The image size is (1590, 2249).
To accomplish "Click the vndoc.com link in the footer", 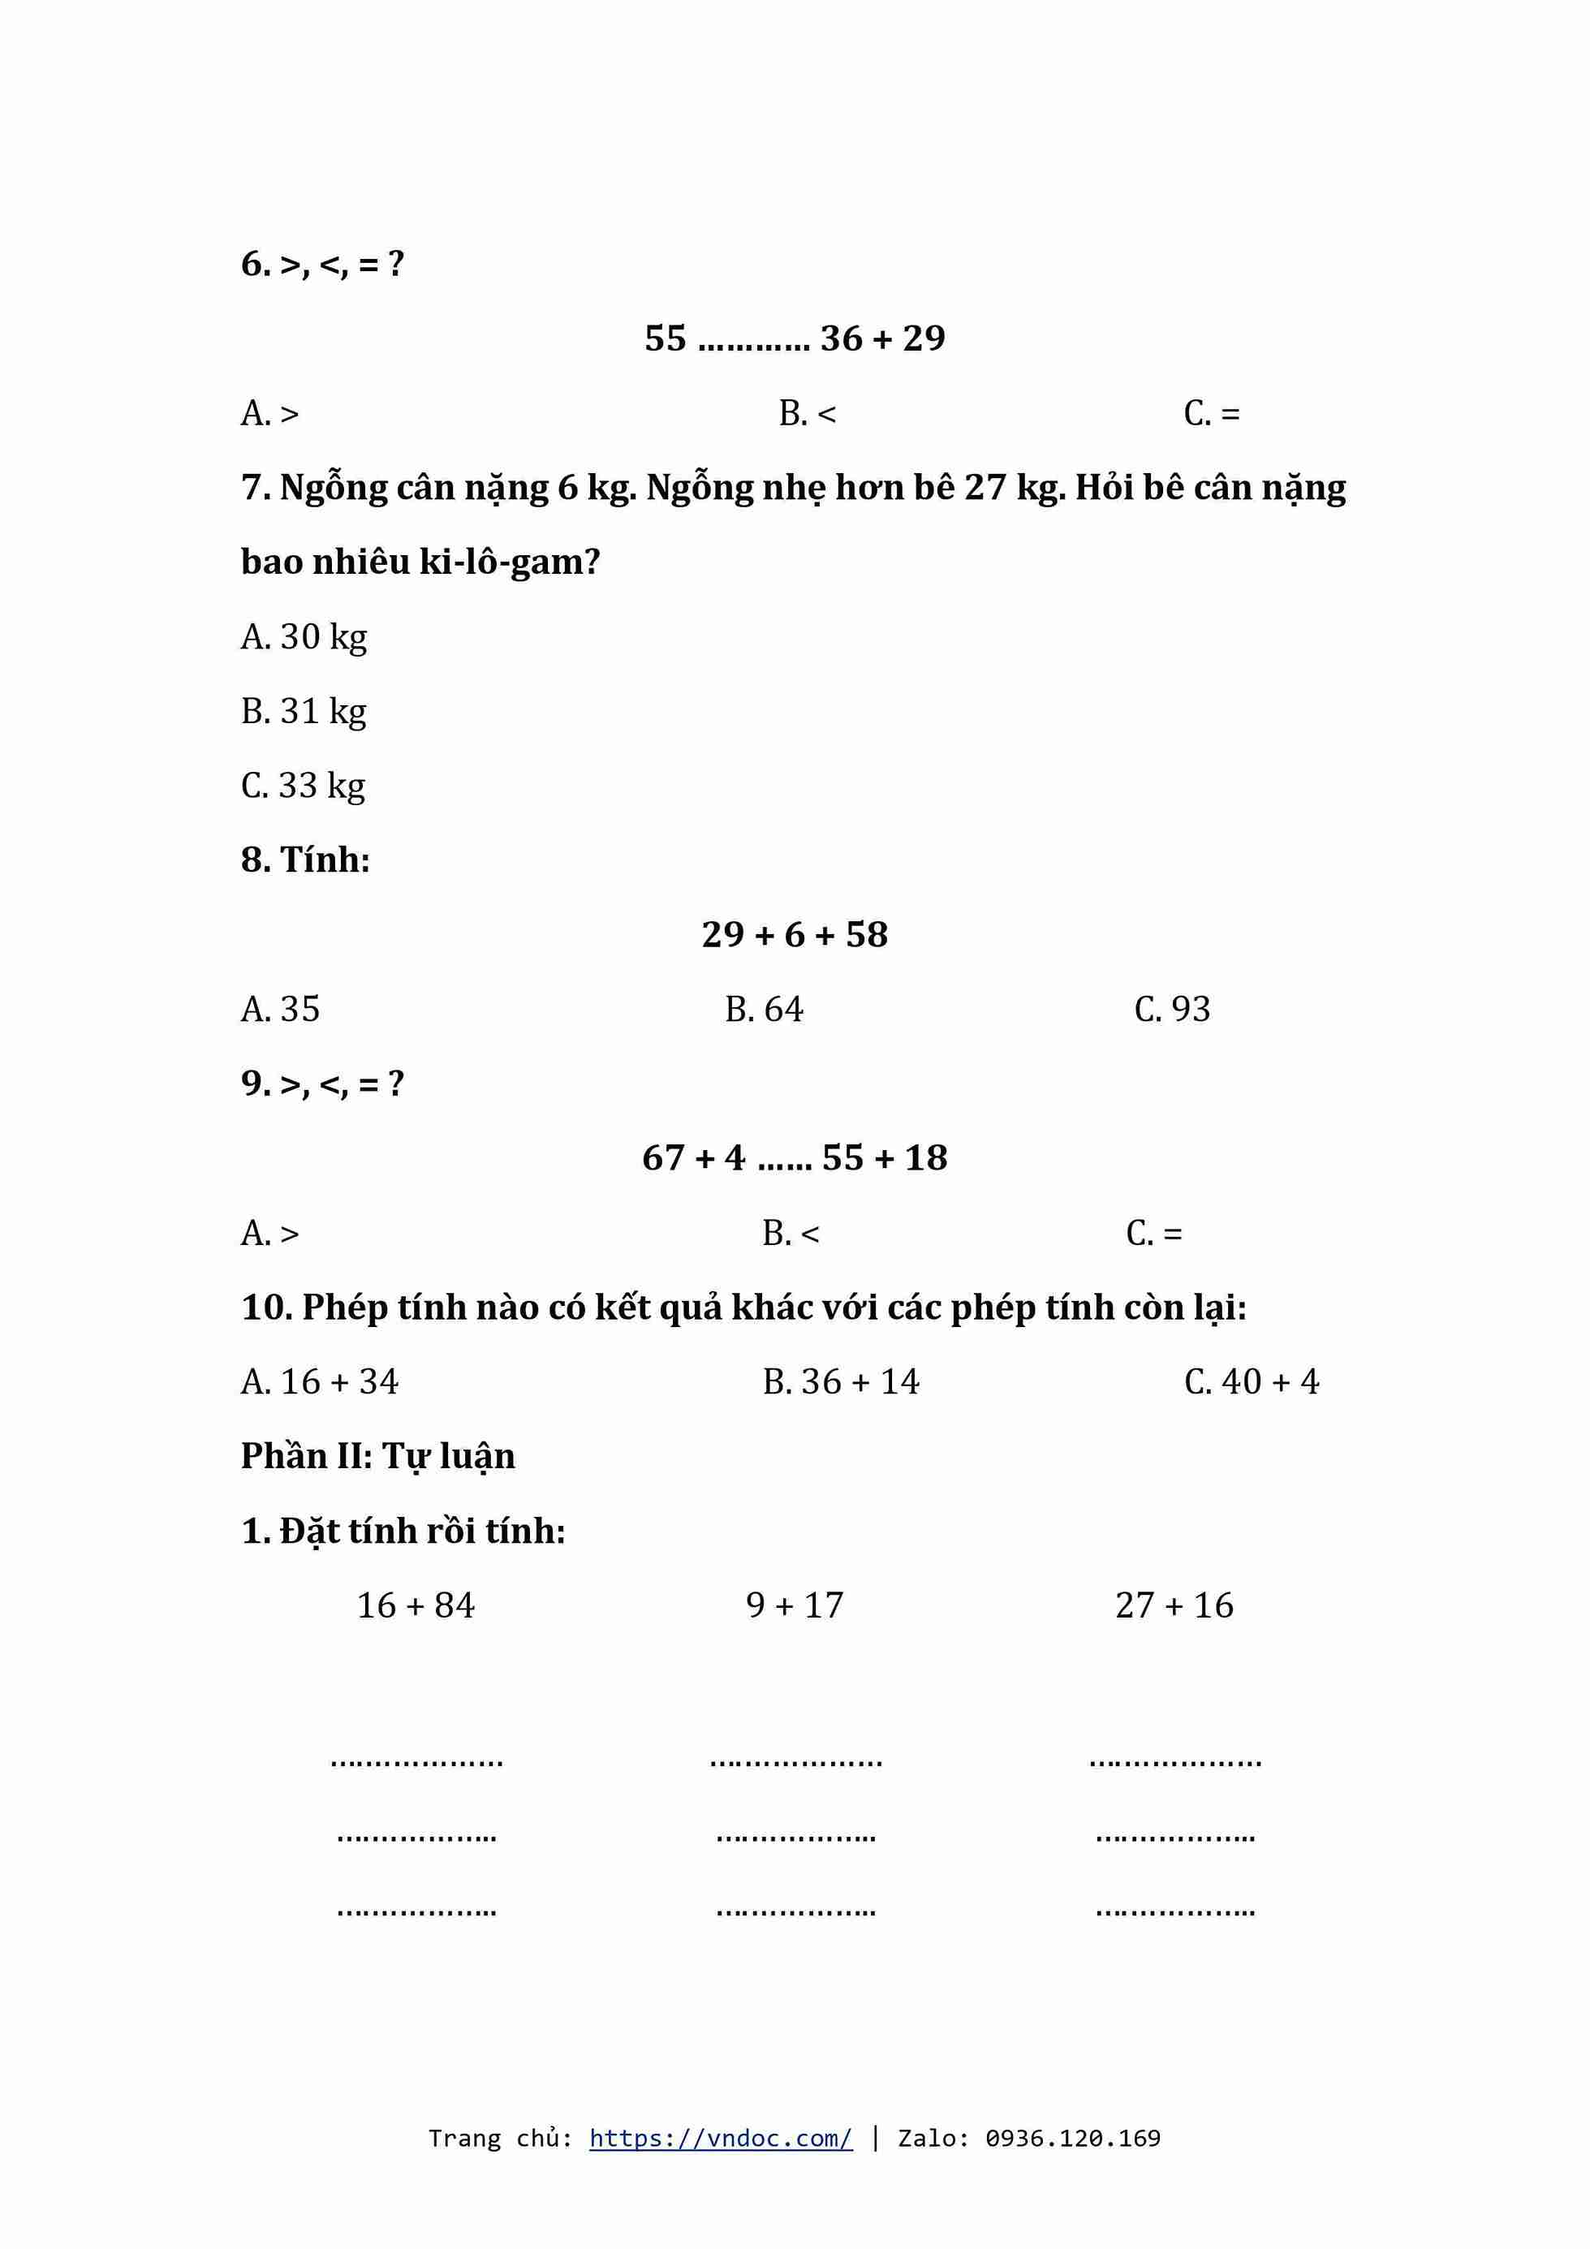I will pos(720,2137).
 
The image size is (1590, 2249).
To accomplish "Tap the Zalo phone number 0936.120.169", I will pos(1073,2137).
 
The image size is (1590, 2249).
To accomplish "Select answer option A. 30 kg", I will pos(304,636).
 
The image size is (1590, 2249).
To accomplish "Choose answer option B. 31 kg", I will pos(304,711).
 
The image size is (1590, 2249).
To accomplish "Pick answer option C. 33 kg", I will pos(303,786).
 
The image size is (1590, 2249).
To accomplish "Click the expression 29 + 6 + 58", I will pos(795,934).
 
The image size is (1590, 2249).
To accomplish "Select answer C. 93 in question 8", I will pos(1172,1009).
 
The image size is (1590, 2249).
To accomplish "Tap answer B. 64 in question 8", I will pos(764,1009).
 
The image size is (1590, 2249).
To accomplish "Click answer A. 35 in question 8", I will pos(280,1009).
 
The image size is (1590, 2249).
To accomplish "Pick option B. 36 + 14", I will pos(842,1381).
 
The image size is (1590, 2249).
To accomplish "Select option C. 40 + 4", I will pos(1251,1381).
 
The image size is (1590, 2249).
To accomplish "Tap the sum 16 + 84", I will pos(416,1605).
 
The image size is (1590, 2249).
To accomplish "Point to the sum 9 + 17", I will pos(795,1605).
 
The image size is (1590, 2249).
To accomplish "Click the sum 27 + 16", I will pos(1174,1605).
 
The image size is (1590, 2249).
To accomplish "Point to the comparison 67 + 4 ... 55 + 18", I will pos(795,1158).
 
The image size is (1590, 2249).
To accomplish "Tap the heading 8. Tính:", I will pos(306,860).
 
